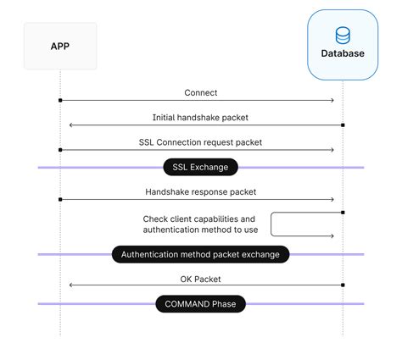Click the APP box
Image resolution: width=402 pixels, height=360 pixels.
[60, 46]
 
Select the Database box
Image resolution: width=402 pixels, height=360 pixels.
[343, 45]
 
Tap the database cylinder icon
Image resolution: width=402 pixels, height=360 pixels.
[343, 36]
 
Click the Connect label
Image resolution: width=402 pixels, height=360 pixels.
[200, 92]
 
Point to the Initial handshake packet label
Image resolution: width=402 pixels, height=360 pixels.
[200, 117]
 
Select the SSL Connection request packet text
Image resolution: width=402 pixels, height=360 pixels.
[200, 142]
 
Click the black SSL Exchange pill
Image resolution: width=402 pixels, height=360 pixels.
[201, 167]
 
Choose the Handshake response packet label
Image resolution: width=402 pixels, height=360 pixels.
[200, 192]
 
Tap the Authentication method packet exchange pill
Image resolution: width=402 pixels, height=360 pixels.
[201, 254]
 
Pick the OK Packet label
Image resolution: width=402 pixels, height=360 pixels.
[200, 278]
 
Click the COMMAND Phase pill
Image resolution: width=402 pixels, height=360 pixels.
[201, 303]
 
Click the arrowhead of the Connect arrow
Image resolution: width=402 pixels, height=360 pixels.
[332, 101]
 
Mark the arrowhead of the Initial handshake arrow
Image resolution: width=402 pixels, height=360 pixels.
[71, 125]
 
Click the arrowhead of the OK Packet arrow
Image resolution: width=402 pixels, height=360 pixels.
[71, 285]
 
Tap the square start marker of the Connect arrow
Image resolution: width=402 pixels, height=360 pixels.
[60, 101]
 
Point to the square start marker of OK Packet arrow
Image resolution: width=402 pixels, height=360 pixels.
[343, 285]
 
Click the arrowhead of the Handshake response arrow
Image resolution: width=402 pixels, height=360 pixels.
[332, 200]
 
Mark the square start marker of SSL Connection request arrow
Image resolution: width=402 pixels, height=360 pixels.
[60, 150]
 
